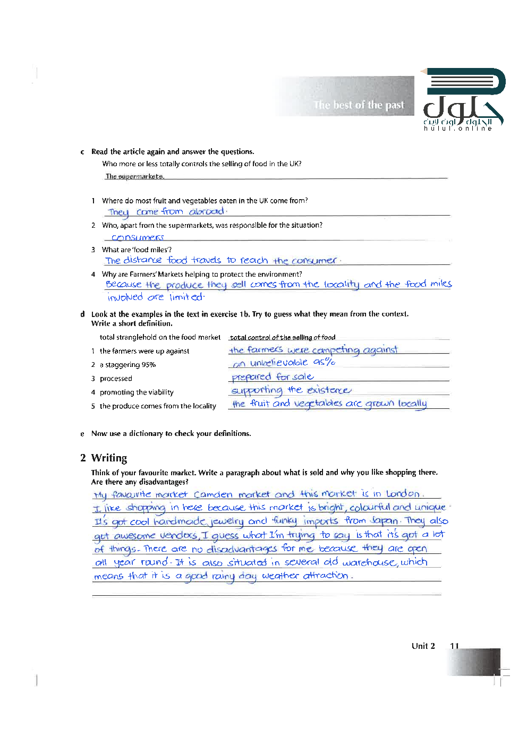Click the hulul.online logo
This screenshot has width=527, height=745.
point(463,100)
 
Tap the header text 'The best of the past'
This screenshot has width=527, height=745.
point(359,105)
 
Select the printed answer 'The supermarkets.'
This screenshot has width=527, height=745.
point(134,176)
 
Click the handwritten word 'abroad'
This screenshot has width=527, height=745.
point(207,211)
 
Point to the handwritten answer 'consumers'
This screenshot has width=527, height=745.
point(138,237)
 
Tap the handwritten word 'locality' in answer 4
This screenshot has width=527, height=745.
point(342,285)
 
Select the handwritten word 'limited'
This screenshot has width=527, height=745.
point(186,297)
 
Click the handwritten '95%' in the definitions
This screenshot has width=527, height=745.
point(324,362)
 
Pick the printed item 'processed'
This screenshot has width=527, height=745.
point(116,379)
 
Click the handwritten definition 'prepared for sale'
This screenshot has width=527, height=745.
point(273,377)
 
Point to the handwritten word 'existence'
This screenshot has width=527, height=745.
point(329,390)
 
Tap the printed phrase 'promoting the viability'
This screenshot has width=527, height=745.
point(137,392)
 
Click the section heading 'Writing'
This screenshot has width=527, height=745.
point(109,458)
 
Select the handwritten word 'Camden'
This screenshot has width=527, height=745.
point(213,494)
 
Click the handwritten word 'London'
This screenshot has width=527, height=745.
point(403,494)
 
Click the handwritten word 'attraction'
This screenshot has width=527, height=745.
point(326,576)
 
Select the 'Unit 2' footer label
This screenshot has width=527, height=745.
point(423,646)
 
